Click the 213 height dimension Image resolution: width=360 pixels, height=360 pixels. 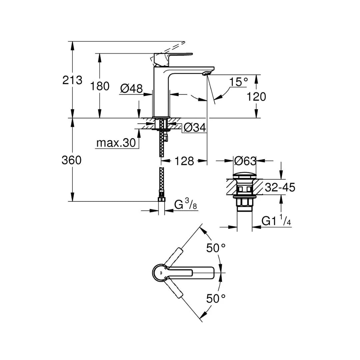[72, 80]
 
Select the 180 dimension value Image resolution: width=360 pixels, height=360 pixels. [100, 86]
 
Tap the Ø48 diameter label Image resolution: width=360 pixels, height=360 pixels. [131, 88]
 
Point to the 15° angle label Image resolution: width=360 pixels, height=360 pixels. [239, 82]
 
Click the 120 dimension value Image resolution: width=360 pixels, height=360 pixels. [256, 97]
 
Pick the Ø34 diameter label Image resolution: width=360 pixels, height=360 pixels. [195, 127]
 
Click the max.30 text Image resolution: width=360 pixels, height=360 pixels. [116, 143]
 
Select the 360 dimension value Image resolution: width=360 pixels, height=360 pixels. [71, 160]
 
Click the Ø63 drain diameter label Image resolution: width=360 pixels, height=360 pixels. [245, 161]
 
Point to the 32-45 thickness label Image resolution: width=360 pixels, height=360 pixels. [280, 188]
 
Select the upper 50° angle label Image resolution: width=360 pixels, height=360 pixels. [216, 248]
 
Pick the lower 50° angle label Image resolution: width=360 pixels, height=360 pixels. [216, 298]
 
